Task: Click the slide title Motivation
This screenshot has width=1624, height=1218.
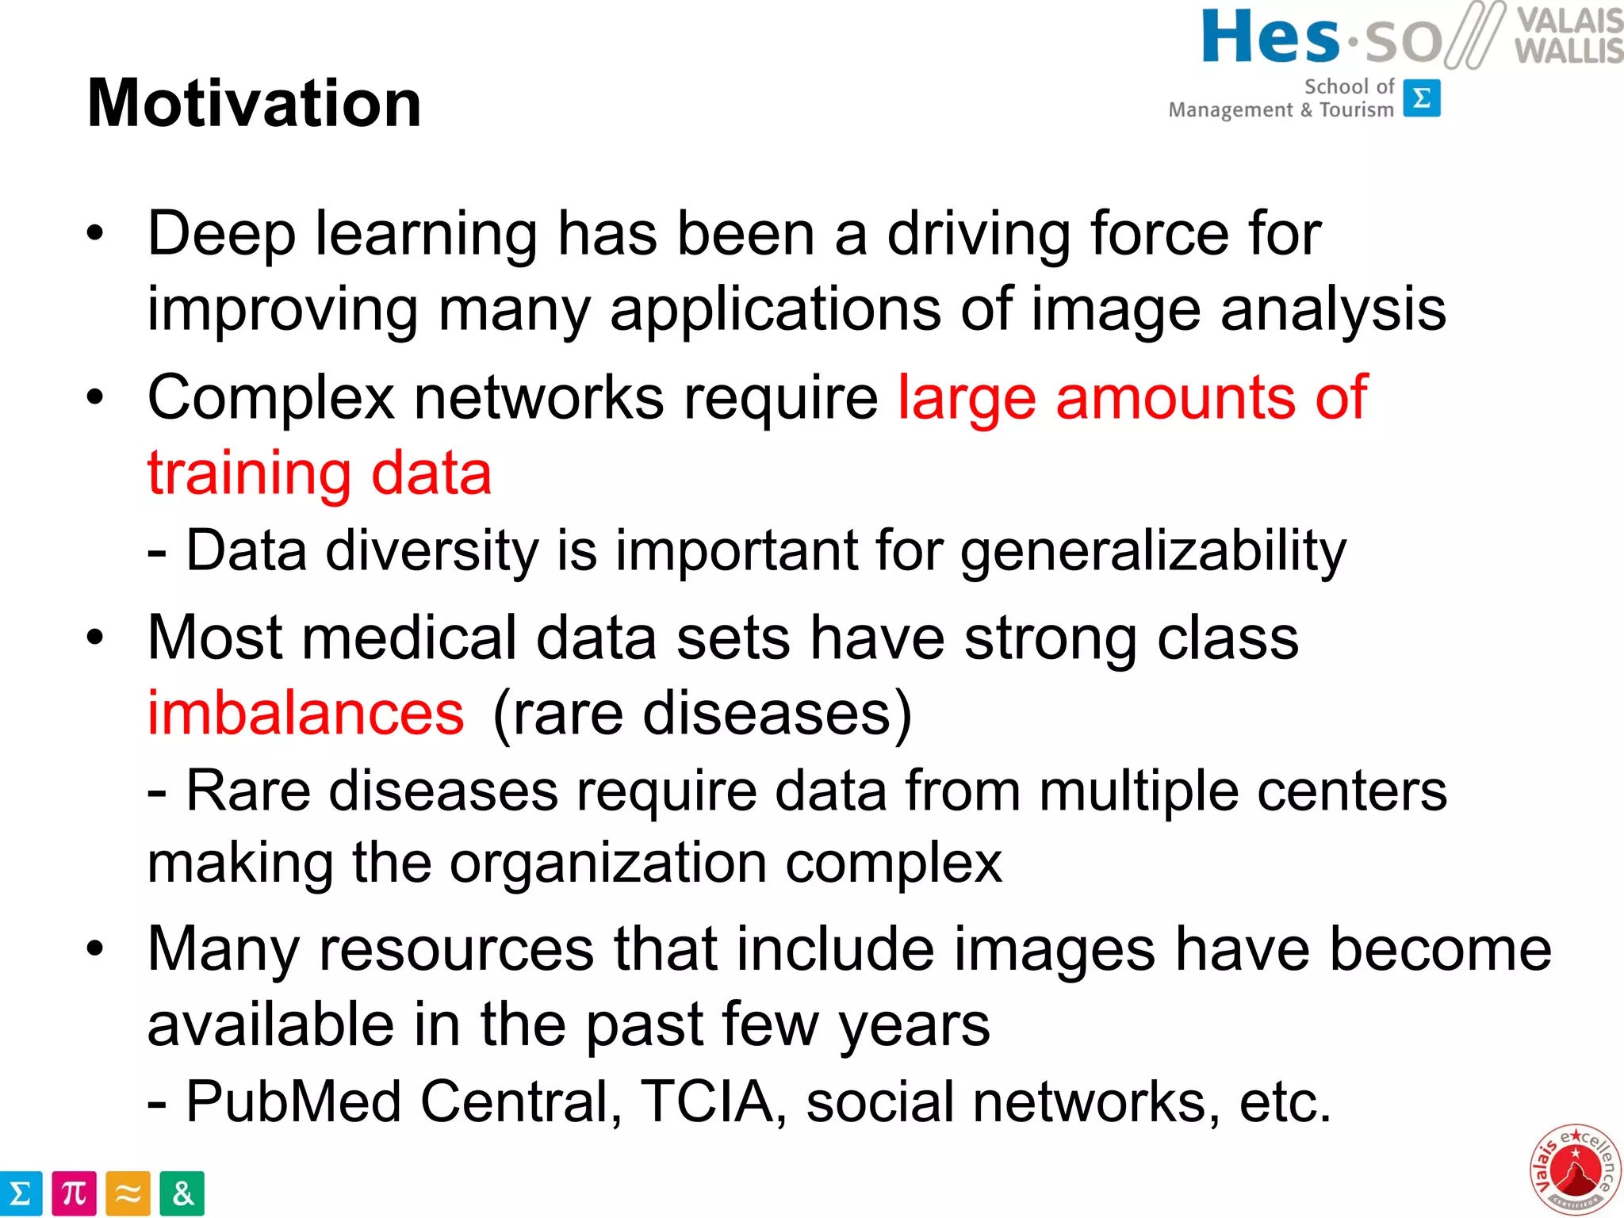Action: [x=254, y=104]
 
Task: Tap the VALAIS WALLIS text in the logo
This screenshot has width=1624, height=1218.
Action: [x=1568, y=36]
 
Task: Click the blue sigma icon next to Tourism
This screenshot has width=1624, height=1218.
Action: [x=1421, y=98]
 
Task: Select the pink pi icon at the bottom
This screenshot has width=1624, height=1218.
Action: [x=74, y=1193]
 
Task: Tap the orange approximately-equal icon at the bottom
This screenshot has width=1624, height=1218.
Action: [x=128, y=1193]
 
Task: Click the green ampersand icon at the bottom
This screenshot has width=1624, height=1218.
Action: [x=182, y=1193]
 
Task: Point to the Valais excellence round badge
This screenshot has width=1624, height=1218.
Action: [x=1575, y=1169]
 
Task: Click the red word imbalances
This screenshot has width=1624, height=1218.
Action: [x=305, y=713]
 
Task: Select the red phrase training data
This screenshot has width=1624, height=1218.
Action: [x=320, y=473]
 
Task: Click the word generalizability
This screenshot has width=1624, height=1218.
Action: [x=1153, y=550]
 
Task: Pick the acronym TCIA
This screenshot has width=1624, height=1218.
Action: [x=707, y=1101]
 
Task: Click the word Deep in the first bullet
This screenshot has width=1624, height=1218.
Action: [x=221, y=235]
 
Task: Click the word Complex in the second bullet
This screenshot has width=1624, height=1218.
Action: [x=270, y=397]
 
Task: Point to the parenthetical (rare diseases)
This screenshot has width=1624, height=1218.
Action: [x=702, y=713]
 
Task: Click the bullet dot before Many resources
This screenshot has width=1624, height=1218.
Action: [x=95, y=948]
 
